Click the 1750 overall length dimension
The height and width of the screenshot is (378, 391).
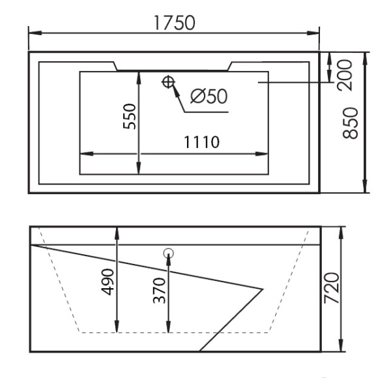[175, 23]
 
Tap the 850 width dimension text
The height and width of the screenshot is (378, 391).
[351, 123]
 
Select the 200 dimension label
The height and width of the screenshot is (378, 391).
[345, 75]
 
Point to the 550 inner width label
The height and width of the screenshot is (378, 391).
[130, 116]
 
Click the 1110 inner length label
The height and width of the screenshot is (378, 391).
[201, 142]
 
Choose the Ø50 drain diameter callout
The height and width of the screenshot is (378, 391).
[209, 96]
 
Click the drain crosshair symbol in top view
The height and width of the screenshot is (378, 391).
[168, 81]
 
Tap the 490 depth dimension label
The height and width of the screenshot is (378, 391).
[108, 282]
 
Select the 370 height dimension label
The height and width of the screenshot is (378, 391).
[159, 291]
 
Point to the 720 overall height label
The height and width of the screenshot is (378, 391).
[332, 288]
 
